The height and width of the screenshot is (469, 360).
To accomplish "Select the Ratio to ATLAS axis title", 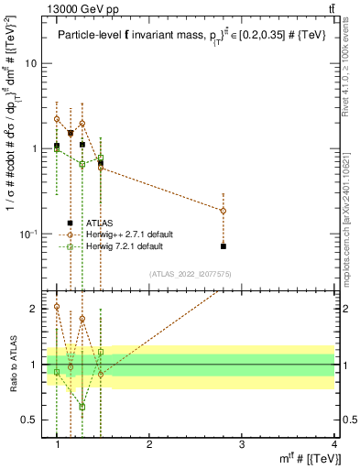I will (x=13, y=364).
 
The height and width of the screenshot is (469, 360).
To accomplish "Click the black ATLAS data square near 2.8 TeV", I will (x=224, y=245).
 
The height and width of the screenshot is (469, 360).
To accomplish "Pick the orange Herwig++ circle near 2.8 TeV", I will (x=224, y=211).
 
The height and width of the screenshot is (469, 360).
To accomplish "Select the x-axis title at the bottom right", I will (x=306, y=457).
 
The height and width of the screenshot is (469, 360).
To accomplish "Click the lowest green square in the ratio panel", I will (x=82, y=407).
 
